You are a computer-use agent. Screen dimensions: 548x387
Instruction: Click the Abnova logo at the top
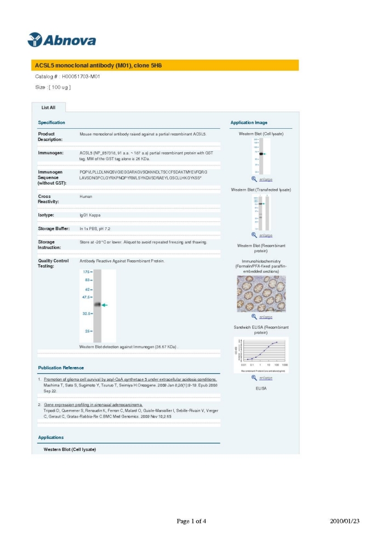[61, 40]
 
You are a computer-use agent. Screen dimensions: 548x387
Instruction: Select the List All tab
[48, 107]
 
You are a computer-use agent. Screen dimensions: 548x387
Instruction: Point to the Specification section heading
[52, 122]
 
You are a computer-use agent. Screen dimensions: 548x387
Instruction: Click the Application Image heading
[249, 123]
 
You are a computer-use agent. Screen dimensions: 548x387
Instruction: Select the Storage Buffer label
[54, 229]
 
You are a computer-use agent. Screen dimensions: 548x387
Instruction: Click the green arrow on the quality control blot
[105, 305]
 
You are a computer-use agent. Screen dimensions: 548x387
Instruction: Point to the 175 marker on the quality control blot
[86, 272]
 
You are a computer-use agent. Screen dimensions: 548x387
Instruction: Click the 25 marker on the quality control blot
[87, 331]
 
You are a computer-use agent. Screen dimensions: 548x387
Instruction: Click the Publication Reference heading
[61, 367]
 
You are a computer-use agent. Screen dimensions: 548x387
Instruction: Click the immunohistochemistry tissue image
[261, 294]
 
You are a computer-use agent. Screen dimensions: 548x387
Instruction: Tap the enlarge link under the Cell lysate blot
[266, 179]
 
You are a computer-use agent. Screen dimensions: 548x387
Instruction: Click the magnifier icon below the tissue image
[254, 317]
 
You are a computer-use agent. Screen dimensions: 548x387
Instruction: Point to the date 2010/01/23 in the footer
[345, 521]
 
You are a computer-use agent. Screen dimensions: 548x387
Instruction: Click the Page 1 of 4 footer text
[191, 521]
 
